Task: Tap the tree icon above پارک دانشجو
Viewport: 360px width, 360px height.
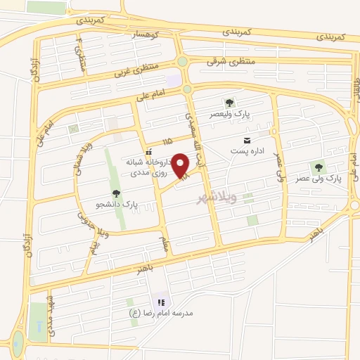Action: (116, 194)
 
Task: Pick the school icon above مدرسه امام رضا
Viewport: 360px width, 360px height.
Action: (161, 302)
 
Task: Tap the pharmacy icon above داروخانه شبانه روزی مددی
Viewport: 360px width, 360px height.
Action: (148, 152)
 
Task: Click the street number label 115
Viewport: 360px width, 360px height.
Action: (167, 143)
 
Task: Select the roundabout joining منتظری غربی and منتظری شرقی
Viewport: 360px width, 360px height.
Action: (182, 62)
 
